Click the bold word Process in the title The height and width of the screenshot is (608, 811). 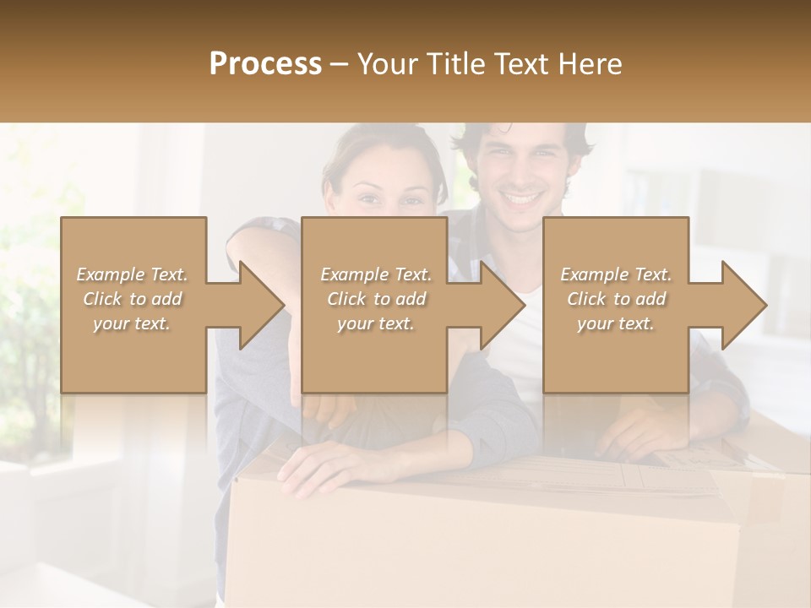click(265, 64)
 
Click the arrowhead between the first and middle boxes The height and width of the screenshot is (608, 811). click(259, 305)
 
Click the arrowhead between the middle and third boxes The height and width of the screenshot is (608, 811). click(499, 305)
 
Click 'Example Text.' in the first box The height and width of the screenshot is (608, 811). click(133, 274)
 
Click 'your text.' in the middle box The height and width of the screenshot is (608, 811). click(376, 323)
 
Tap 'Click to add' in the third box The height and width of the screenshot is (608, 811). click(616, 299)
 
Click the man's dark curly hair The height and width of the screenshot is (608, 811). click(532, 133)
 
